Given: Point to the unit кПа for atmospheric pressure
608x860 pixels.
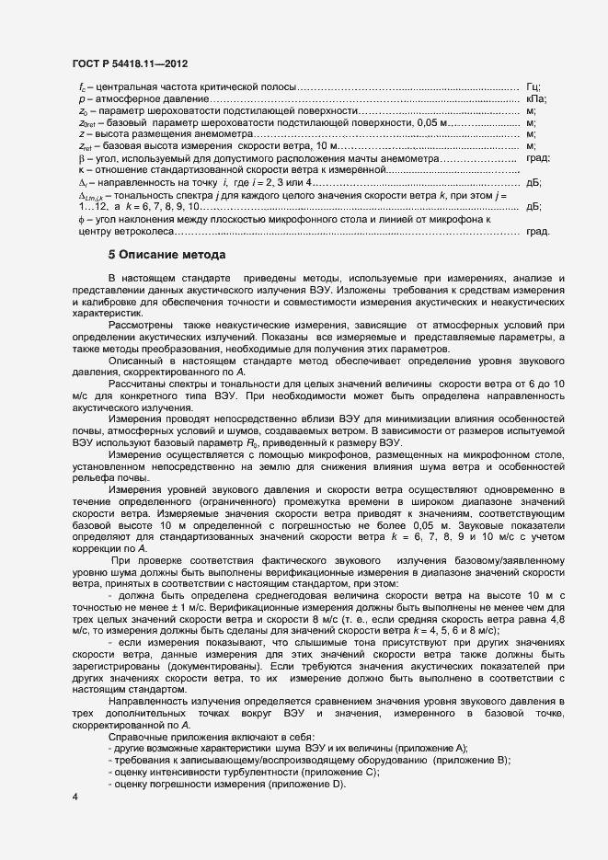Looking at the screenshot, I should tap(537, 97).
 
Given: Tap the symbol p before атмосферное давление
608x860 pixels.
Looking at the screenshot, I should tap(82, 97).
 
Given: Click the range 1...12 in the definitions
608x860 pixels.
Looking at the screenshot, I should tap(93, 206).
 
